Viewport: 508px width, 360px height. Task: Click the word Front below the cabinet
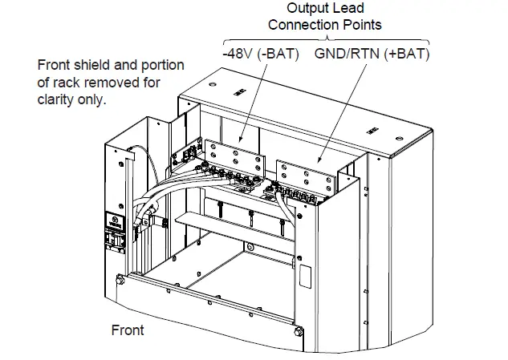click(127, 330)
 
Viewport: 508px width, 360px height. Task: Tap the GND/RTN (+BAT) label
click(372, 55)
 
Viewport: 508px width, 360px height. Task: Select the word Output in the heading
click(308, 7)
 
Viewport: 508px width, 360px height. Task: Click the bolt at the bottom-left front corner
click(120, 280)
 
